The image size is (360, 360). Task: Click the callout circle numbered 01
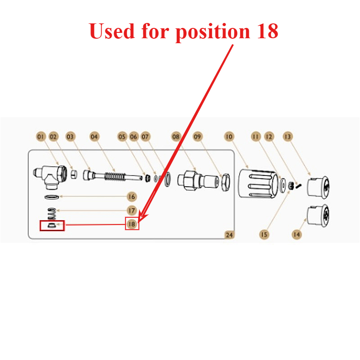pyautogui.click(x=40, y=137)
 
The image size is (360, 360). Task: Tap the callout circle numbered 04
pyautogui.click(x=94, y=137)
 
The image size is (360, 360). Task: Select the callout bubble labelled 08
pyautogui.click(x=176, y=137)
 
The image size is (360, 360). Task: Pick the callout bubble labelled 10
pyautogui.click(x=229, y=137)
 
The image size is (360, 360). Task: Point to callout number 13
pyautogui.click(x=288, y=137)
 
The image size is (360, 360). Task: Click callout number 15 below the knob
pyautogui.click(x=264, y=234)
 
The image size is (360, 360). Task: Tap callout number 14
pyautogui.click(x=297, y=234)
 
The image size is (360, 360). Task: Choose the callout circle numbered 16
pyautogui.click(x=131, y=197)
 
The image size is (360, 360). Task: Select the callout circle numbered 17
pyautogui.click(x=131, y=210)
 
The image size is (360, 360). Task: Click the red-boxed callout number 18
pyautogui.click(x=132, y=224)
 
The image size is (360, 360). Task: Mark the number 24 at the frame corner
pyautogui.click(x=229, y=235)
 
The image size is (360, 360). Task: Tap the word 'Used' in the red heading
pyautogui.click(x=112, y=31)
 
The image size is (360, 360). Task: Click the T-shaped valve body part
pyautogui.click(x=50, y=177)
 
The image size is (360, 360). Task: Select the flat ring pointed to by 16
pyautogui.click(x=52, y=197)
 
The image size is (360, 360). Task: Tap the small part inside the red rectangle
pyautogui.click(x=51, y=225)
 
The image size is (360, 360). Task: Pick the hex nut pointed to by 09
pyautogui.click(x=225, y=182)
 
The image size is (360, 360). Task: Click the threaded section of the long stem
pyautogui.click(x=115, y=176)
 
